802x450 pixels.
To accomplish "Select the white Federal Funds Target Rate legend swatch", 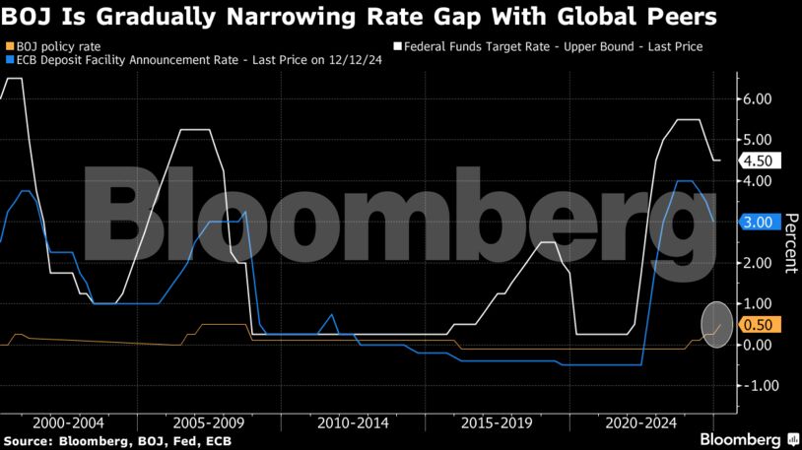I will point(398,46).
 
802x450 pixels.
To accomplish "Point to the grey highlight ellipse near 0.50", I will point(717,325).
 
